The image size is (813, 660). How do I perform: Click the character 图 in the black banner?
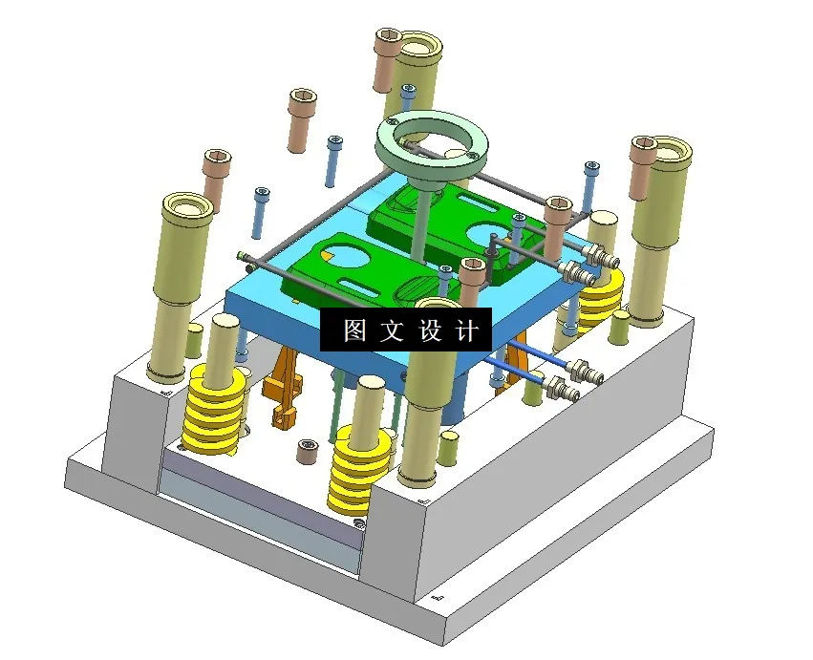click(x=354, y=330)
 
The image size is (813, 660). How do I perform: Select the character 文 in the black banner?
click(x=392, y=330)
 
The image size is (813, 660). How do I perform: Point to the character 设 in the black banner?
click(x=428, y=330)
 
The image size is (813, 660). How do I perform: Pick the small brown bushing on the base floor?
click(x=307, y=451)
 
